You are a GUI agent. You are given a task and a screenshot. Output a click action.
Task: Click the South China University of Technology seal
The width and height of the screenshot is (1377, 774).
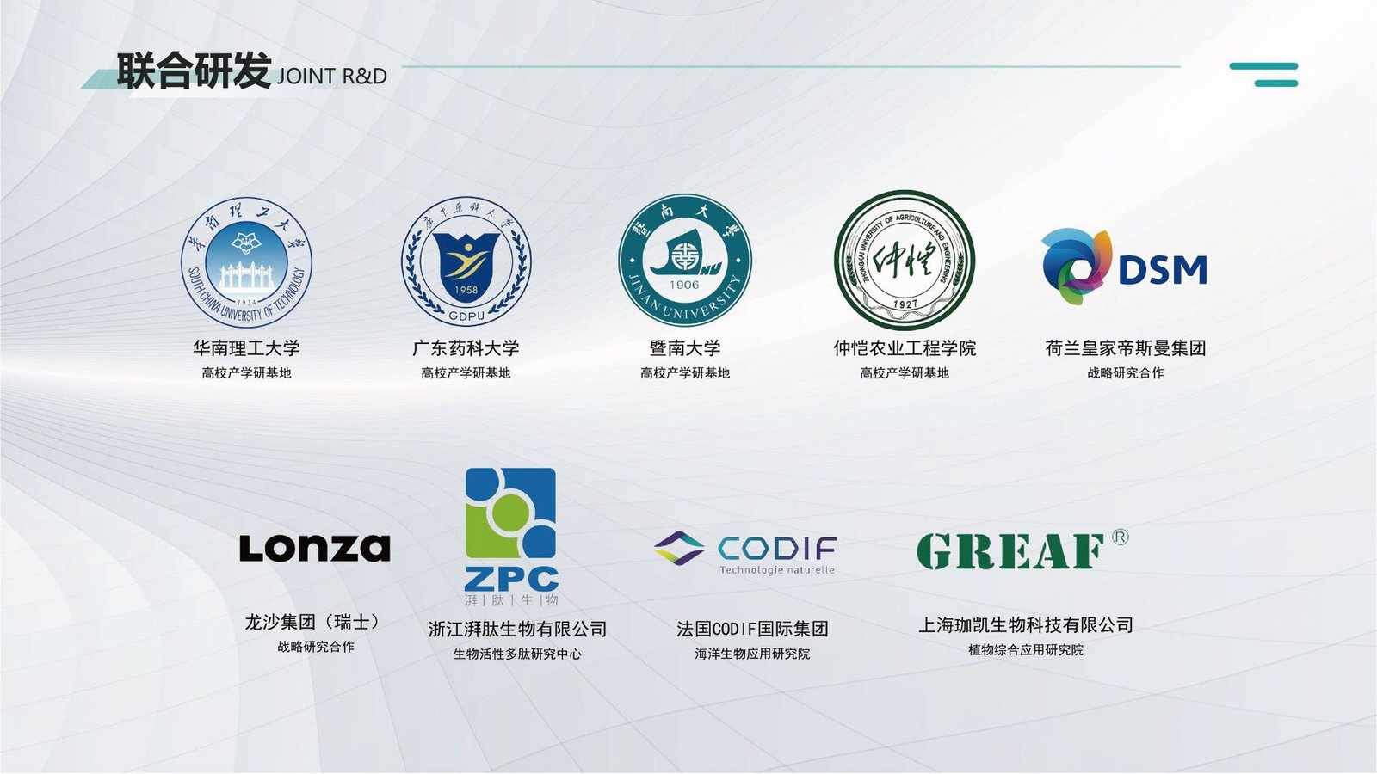point(246,262)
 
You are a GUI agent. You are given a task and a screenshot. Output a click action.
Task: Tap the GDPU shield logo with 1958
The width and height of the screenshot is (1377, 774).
point(466,261)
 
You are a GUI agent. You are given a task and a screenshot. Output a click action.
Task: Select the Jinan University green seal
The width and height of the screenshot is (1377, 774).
point(685,260)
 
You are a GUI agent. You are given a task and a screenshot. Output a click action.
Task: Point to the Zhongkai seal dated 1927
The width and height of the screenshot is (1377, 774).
point(905,260)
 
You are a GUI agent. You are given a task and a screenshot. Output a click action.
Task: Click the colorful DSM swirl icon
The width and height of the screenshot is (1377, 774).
point(1077,267)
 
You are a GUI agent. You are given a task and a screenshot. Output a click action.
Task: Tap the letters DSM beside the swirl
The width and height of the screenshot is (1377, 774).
point(1163,270)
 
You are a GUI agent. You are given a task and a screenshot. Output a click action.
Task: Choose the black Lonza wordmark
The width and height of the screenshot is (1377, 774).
point(315,548)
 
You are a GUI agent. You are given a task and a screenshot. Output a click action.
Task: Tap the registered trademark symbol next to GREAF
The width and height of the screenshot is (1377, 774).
point(1120,537)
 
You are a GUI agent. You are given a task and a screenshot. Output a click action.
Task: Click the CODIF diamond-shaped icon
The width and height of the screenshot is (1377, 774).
point(679,548)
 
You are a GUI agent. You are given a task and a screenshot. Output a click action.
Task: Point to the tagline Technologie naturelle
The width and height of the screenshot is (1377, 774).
point(777,570)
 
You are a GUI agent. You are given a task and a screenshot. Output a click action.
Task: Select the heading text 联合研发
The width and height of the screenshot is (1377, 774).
point(195,71)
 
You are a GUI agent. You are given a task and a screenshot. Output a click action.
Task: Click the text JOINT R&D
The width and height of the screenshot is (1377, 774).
point(332,77)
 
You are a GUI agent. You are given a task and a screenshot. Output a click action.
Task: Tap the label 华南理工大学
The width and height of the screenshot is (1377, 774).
point(246,348)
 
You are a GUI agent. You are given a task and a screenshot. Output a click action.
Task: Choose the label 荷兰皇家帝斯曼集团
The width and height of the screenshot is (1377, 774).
point(1126,348)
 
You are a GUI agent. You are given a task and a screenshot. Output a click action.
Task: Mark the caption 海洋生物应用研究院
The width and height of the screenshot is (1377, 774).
point(752,654)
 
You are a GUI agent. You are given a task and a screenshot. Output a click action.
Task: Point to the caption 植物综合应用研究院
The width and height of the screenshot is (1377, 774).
point(1025,650)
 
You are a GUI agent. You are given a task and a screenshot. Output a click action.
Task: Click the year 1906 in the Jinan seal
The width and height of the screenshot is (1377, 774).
point(684,285)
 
